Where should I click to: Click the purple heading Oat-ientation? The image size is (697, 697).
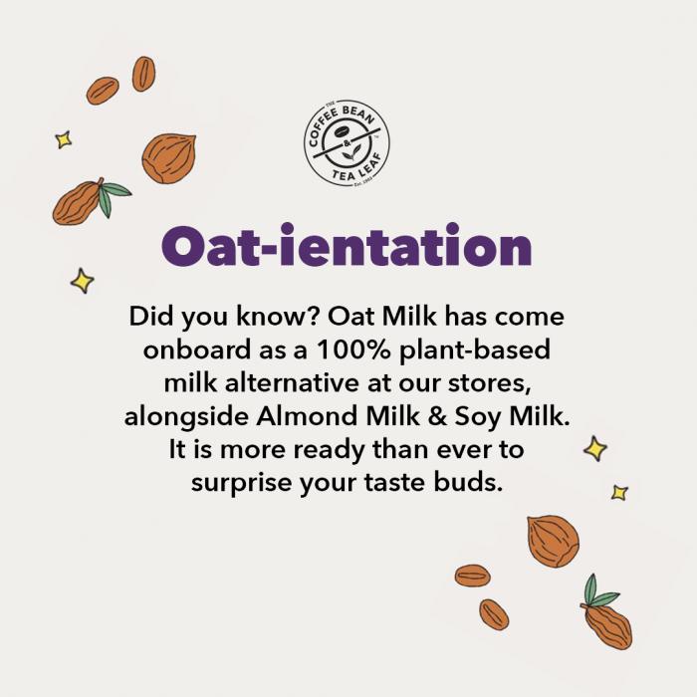tap(347, 245)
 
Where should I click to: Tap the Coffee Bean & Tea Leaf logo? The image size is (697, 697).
tap(347, 142)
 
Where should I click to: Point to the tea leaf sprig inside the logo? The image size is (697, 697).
tap(349, 154)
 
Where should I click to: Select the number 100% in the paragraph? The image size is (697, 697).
tap(353, 349)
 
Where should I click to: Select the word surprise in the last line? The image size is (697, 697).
tap(241, 484)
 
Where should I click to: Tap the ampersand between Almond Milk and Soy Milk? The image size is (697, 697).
tap(438, 416)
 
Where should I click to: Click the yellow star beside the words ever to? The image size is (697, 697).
tap(595, 448)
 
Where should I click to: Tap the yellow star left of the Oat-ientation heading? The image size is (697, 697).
tap(83, 281)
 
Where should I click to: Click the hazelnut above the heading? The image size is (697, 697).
tap(169, 158)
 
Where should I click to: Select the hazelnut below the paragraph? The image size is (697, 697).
tap(553, 541)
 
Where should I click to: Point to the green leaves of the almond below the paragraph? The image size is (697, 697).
tap(597, 592)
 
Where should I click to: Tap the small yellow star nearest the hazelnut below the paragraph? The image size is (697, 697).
tap(619, 493)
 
